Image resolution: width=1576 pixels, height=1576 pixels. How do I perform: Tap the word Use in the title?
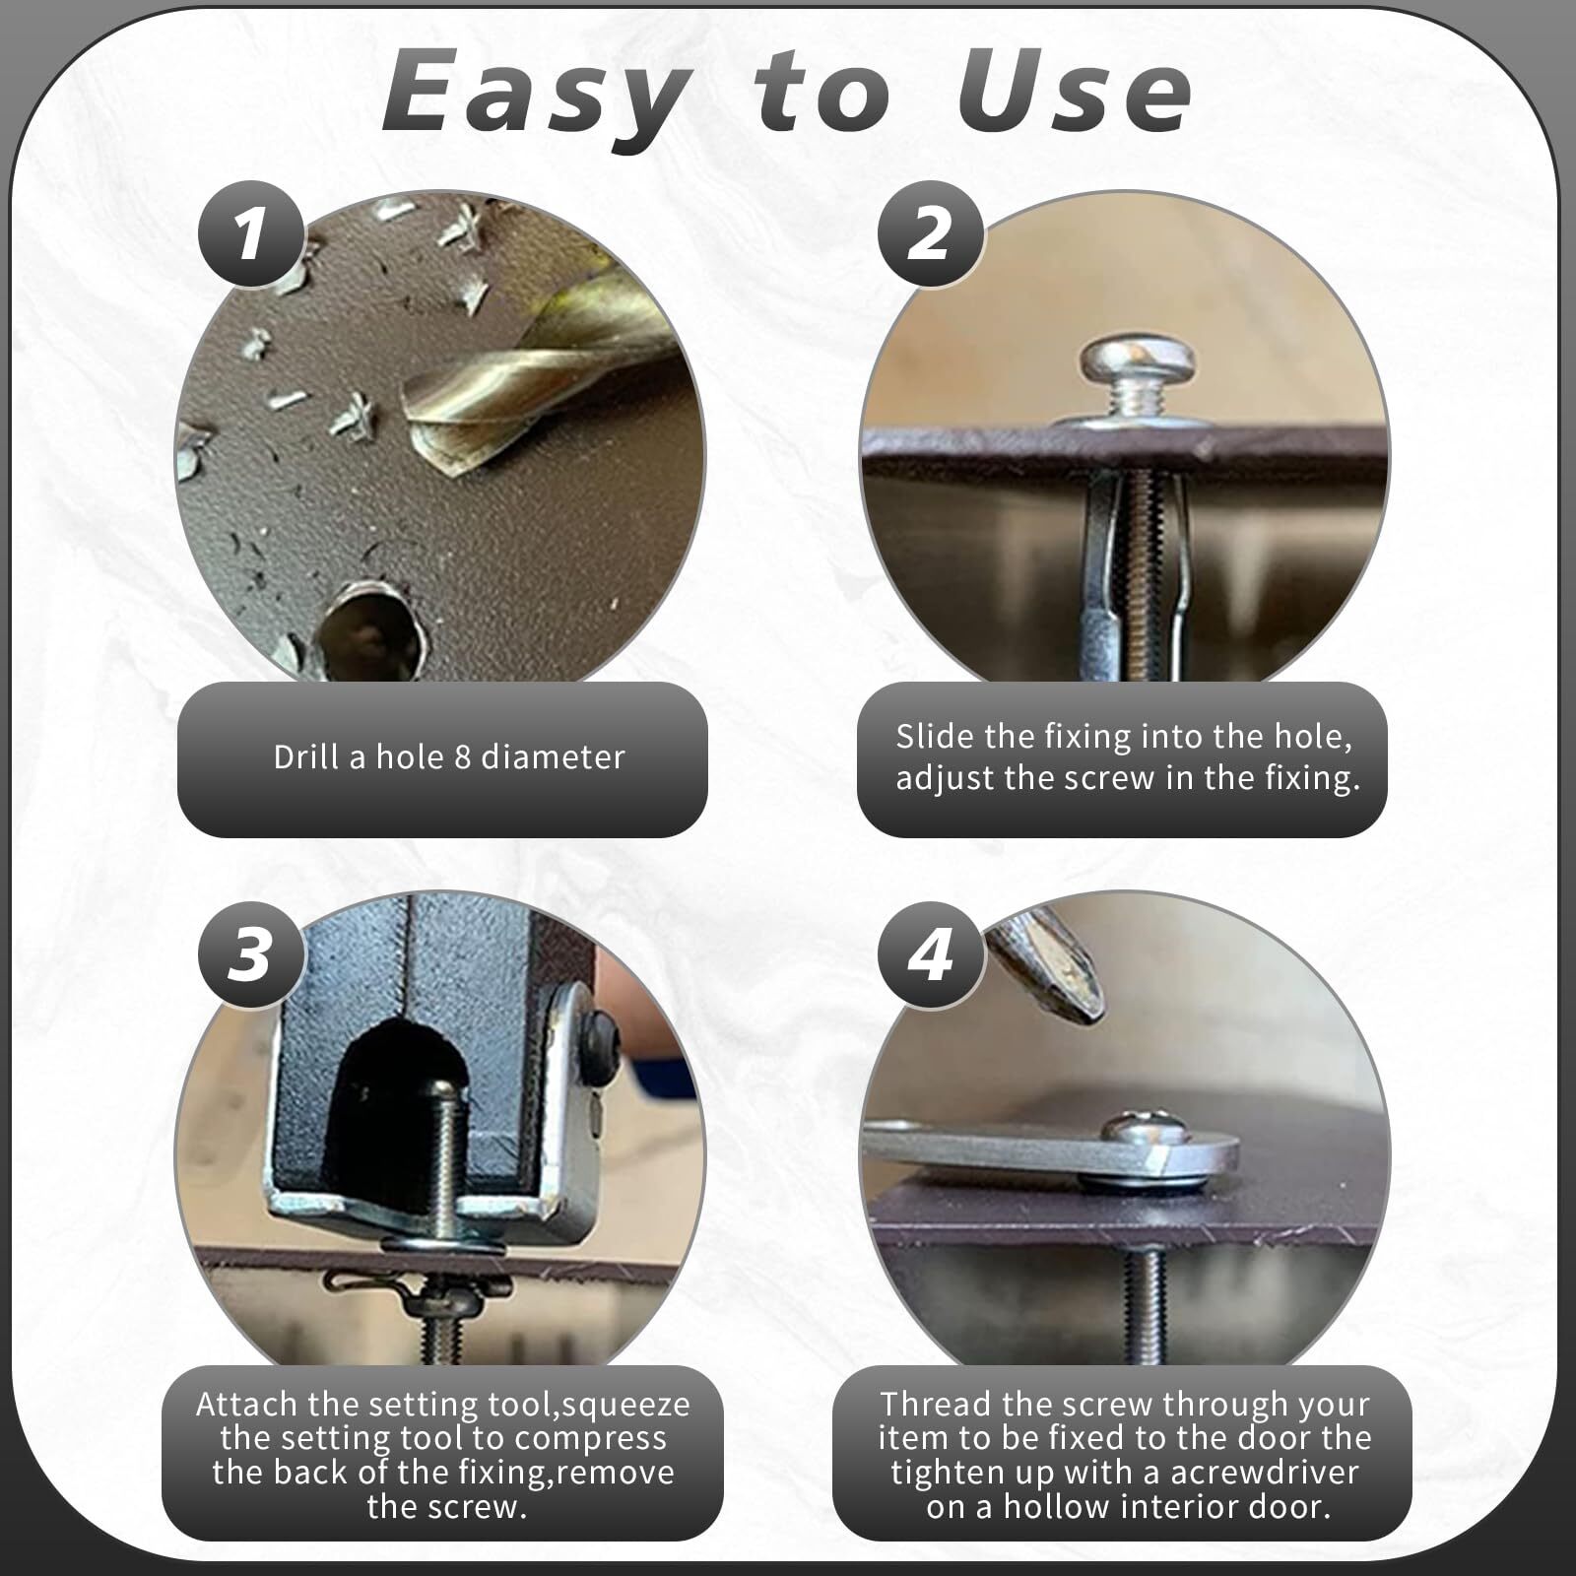coord(1074,94)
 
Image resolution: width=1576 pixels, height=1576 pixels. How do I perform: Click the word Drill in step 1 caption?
coord(307,757)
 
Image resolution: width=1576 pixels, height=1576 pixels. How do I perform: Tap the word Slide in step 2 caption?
coord(935,737)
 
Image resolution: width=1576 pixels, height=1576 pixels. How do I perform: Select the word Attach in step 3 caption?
coord(247,1404)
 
